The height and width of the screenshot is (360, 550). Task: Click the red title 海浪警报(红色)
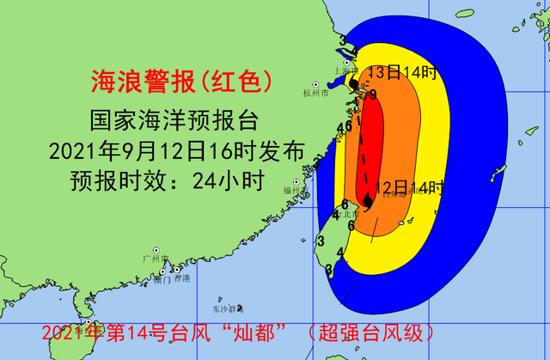(182, 81)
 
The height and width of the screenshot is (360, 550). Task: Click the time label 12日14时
(409, 186)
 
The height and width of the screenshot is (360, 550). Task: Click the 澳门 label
(161, 279)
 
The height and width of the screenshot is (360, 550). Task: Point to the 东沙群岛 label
(228, 308)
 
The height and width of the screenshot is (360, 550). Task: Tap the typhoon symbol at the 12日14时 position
(368, 200)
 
